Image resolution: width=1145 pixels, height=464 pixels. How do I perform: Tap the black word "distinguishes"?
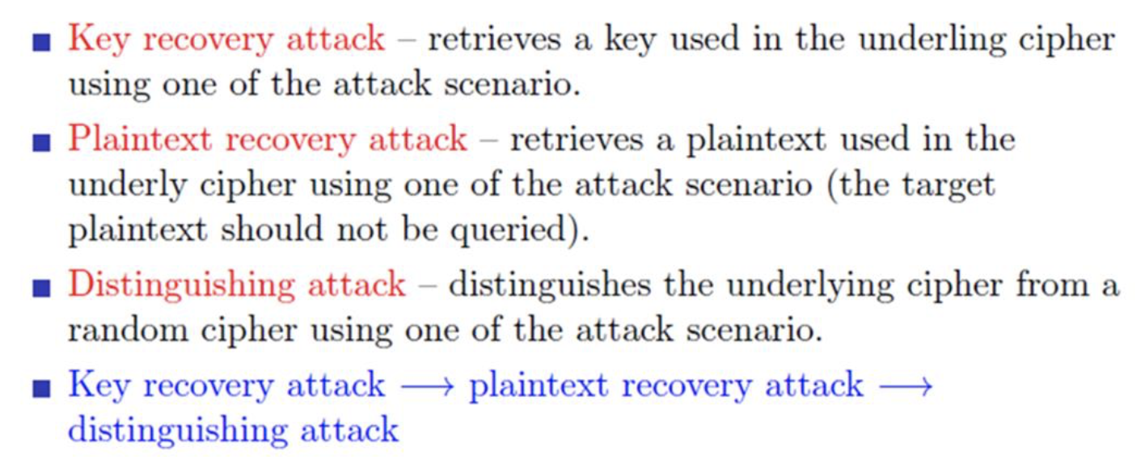pyautogui.click(x=547, y=285)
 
